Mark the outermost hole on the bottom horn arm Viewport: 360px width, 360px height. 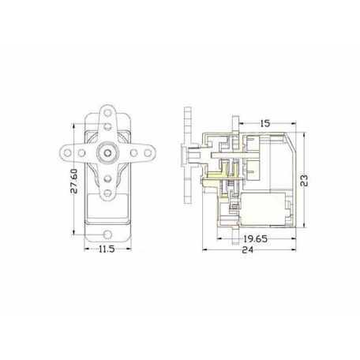(x=107, y=187)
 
